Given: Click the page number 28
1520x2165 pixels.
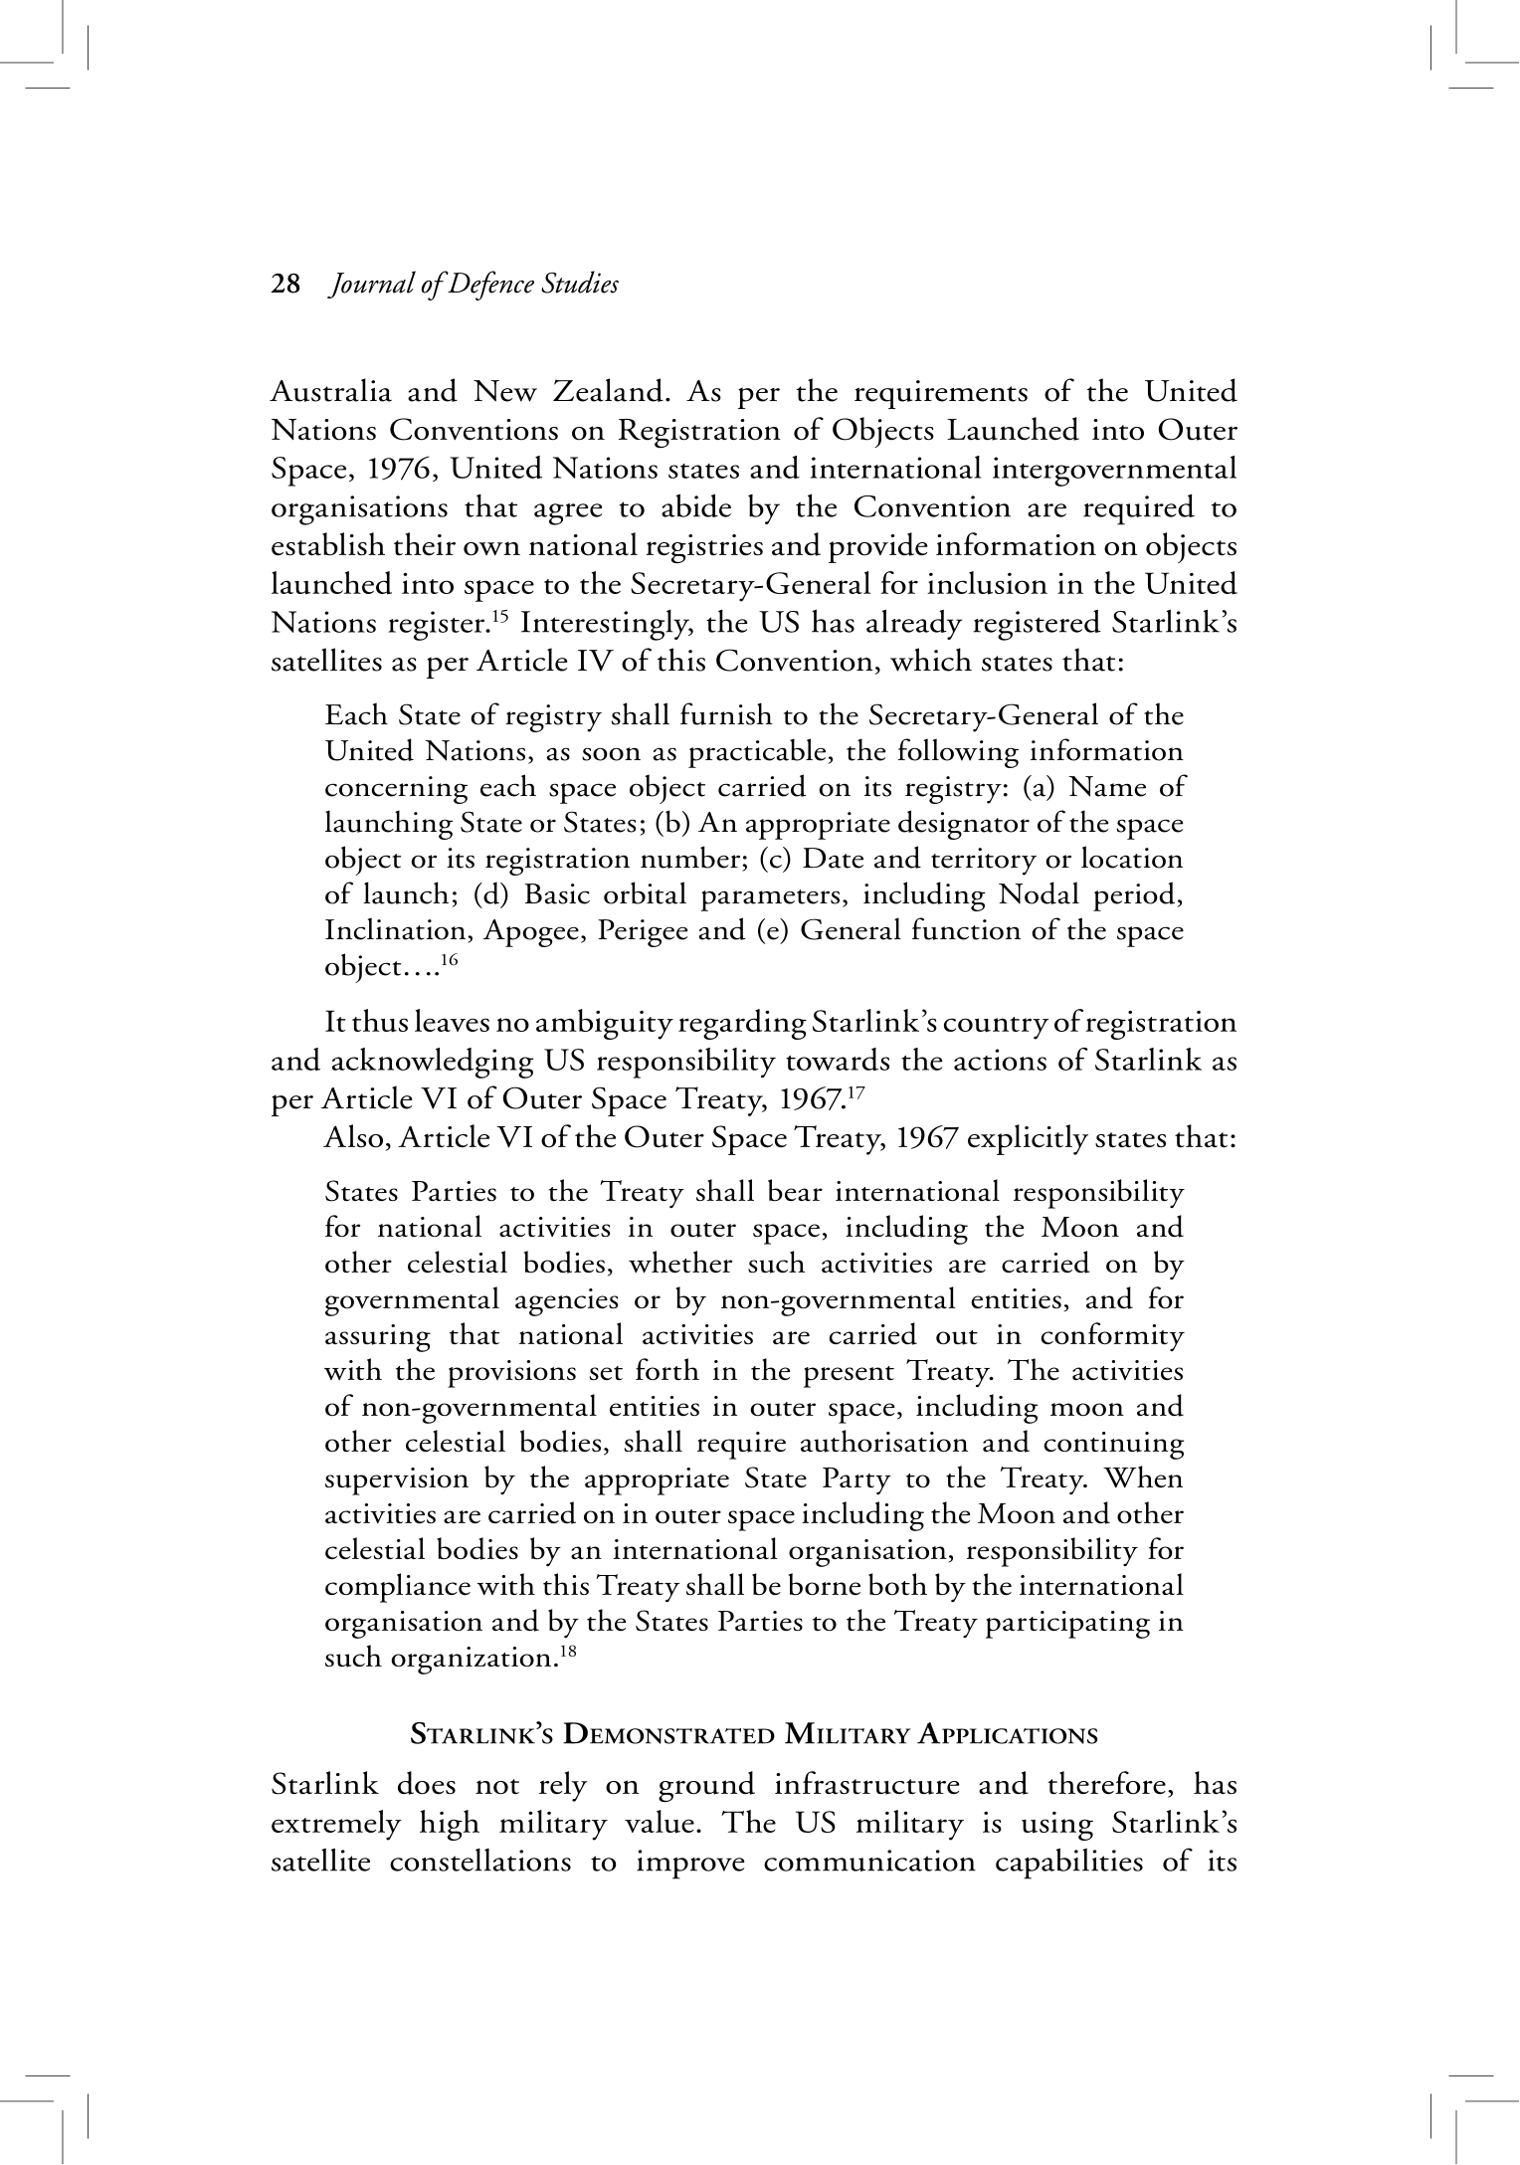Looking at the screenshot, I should [x=285, y=286].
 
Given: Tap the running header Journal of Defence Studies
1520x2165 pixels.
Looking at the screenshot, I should [x=475, y=286].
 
